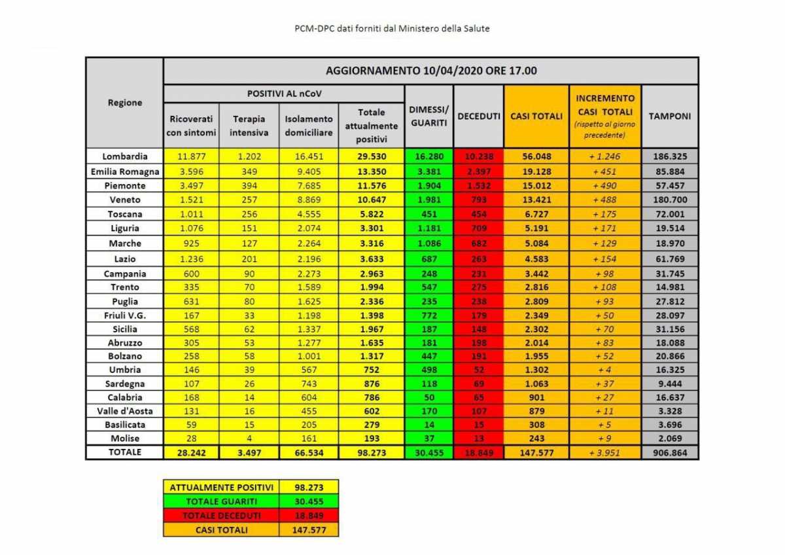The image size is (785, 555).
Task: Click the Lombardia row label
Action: click(x=124, y=156)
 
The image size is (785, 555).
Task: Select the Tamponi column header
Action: click(x=669, y=116)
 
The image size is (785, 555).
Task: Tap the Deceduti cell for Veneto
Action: click(x=478, y=200)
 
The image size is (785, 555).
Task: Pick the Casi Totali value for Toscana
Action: click(x=536, y=214)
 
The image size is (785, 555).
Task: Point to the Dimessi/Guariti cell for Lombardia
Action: click(x=428, y=156)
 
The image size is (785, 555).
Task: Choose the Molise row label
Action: click(x=124, y=438)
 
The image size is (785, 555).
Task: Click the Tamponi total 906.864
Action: click(x=669, y=452)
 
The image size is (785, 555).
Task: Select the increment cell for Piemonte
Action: click(x=604, y=185)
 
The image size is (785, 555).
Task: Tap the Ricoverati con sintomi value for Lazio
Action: click(x=191, y=259)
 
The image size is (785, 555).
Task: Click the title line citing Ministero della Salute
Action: click(x=392, y=29)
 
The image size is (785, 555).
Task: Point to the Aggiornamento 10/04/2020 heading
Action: click(x=430, y=71)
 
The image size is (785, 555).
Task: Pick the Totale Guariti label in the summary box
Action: click(x=220, y=501)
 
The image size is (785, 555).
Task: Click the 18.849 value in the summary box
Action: click(x=308, y=515)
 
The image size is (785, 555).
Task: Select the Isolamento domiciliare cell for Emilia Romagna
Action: click(x=308, y=171)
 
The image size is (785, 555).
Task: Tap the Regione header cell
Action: click(x=124, y=103)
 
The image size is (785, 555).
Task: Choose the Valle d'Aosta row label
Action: click(x=124, y=410)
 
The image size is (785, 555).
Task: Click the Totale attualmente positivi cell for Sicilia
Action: click(x=371, y=329)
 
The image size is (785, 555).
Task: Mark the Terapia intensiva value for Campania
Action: click(x=249, y=274)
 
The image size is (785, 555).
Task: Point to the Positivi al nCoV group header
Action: click(x=284, y=94)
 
